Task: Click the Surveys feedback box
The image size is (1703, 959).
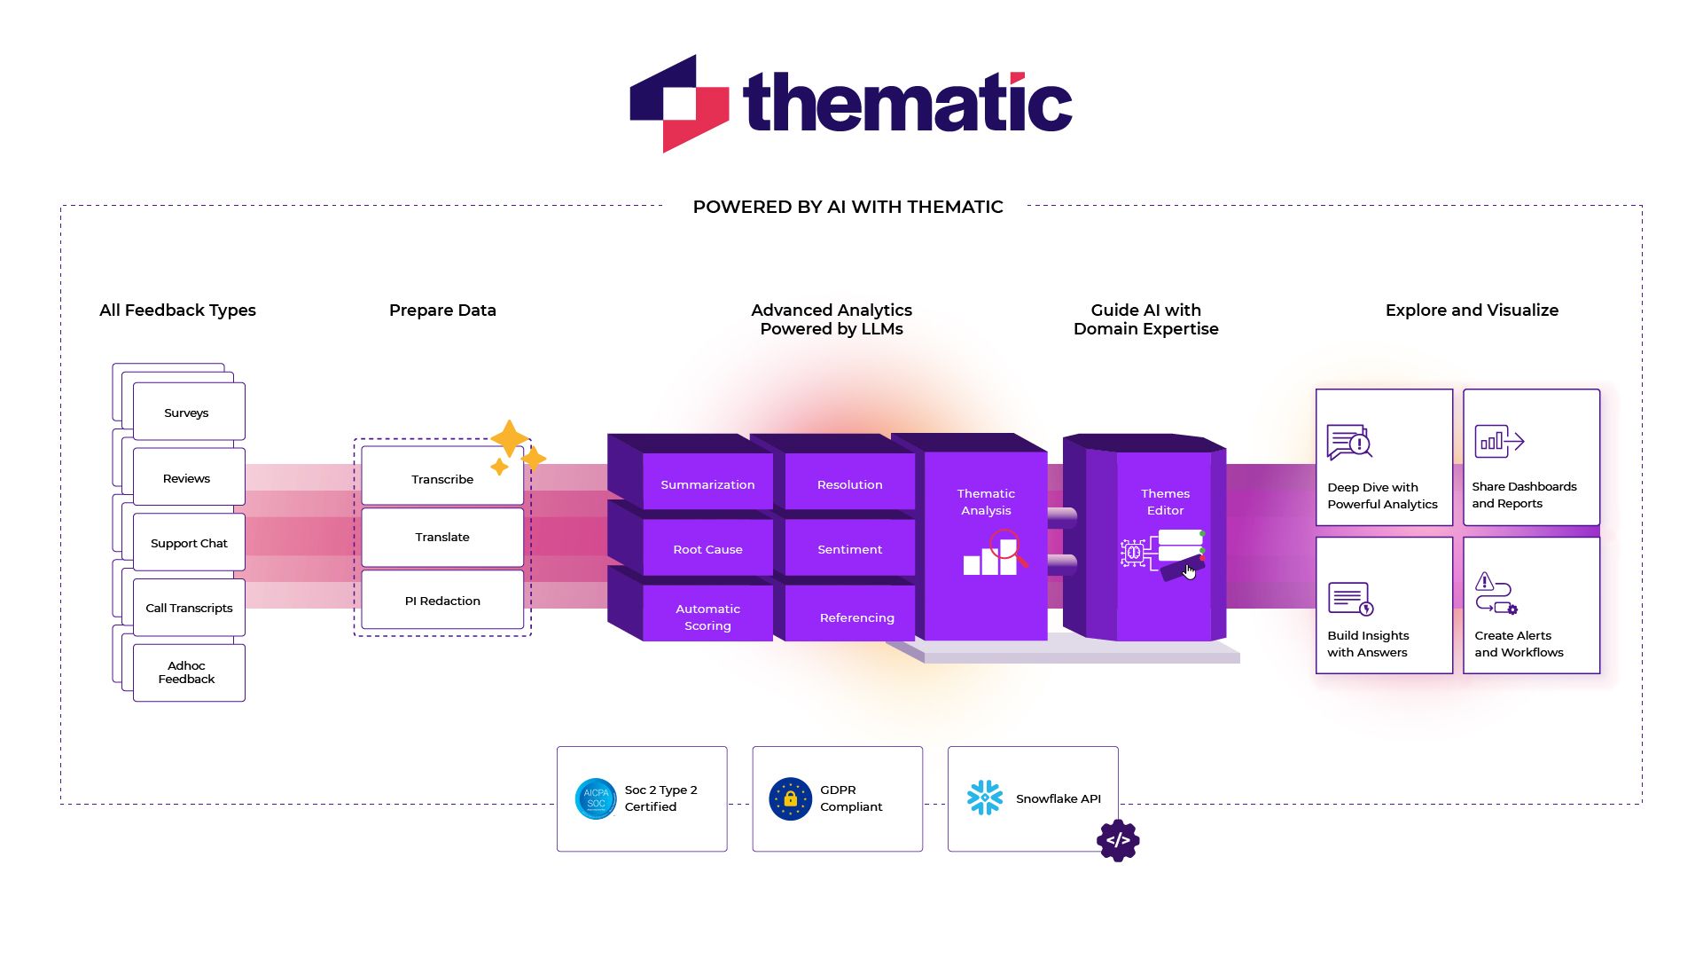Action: click(x=188, y=413)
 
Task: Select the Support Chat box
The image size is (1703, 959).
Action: click(x=188, y=543)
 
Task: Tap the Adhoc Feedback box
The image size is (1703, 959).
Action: click(x=188, y=672)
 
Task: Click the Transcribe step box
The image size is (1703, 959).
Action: click(x=441, y=479)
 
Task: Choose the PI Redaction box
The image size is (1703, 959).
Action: click(x=441, y=601)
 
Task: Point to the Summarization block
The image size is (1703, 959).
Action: click(x=707, y=484)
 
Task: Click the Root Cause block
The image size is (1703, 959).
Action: click(x=707, y=549)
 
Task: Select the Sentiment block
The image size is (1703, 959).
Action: click(x=849, y=549)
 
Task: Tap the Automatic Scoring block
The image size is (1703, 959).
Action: click(x=707, y=617)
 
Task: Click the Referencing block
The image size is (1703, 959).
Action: click(x=856, y=617)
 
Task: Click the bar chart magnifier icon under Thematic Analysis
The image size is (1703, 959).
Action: click(x=995, y=554)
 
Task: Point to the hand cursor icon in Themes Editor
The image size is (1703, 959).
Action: click(x=1189, y=571)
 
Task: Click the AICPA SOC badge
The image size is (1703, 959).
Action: click(x=596, y=798)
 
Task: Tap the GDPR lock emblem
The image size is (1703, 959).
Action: click(x=790, y=798)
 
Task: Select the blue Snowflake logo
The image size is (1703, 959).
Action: click(x=985, y=798)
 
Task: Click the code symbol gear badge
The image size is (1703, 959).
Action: click(x=1118, y=840)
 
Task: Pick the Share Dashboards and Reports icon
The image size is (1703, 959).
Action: click(x=1499, y=441)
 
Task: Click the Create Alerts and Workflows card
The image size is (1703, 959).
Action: click(x=1531, y=606)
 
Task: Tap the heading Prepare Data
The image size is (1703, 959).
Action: click(x=442, y=310)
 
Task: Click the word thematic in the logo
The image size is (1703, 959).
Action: click(x=908, y=103)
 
